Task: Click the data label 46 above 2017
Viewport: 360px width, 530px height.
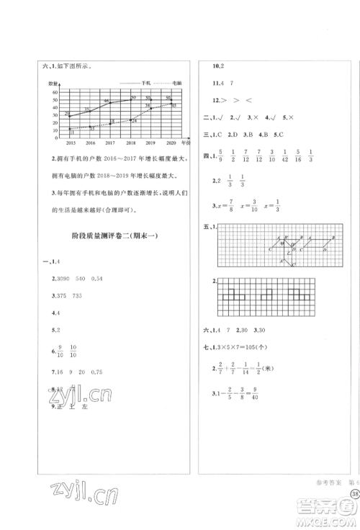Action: click(x=106, y=101)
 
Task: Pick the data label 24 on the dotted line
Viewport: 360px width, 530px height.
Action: click(x=134, y=121)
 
